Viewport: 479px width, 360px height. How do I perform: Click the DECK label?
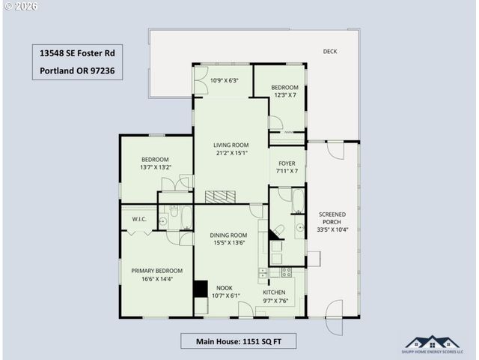329,52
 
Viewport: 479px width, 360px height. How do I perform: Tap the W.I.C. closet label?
139,219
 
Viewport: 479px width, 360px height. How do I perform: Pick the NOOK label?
225,287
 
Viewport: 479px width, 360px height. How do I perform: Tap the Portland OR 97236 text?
78,73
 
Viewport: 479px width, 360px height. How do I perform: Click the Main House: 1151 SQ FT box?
238,341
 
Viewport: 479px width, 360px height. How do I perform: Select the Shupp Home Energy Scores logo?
433,344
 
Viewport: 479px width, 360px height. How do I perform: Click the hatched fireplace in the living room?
221,196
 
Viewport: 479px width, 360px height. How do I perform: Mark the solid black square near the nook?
201,289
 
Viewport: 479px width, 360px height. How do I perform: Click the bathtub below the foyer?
297,201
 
